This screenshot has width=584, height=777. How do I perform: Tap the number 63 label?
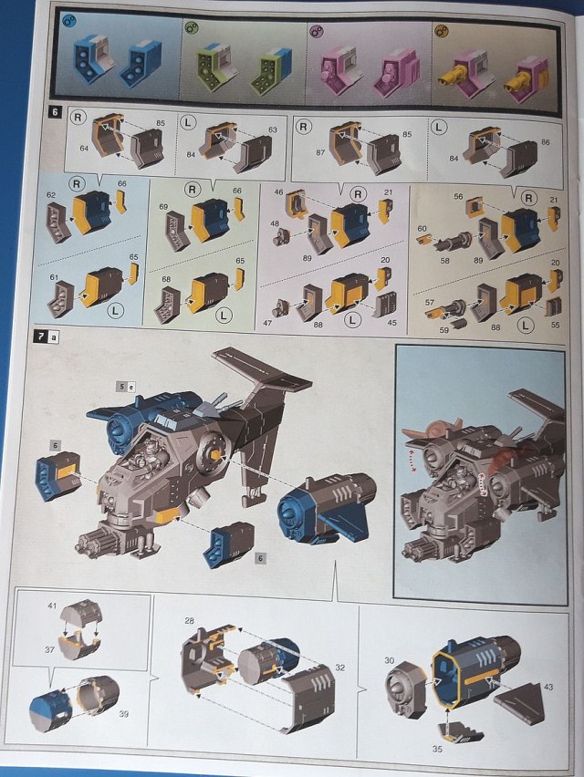(x=271, y=130)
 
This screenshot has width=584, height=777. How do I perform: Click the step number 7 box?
(x=40, y=336)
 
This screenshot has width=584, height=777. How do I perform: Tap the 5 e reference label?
(x=125, y=387)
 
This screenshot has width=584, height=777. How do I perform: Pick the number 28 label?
(x=188, y=621)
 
